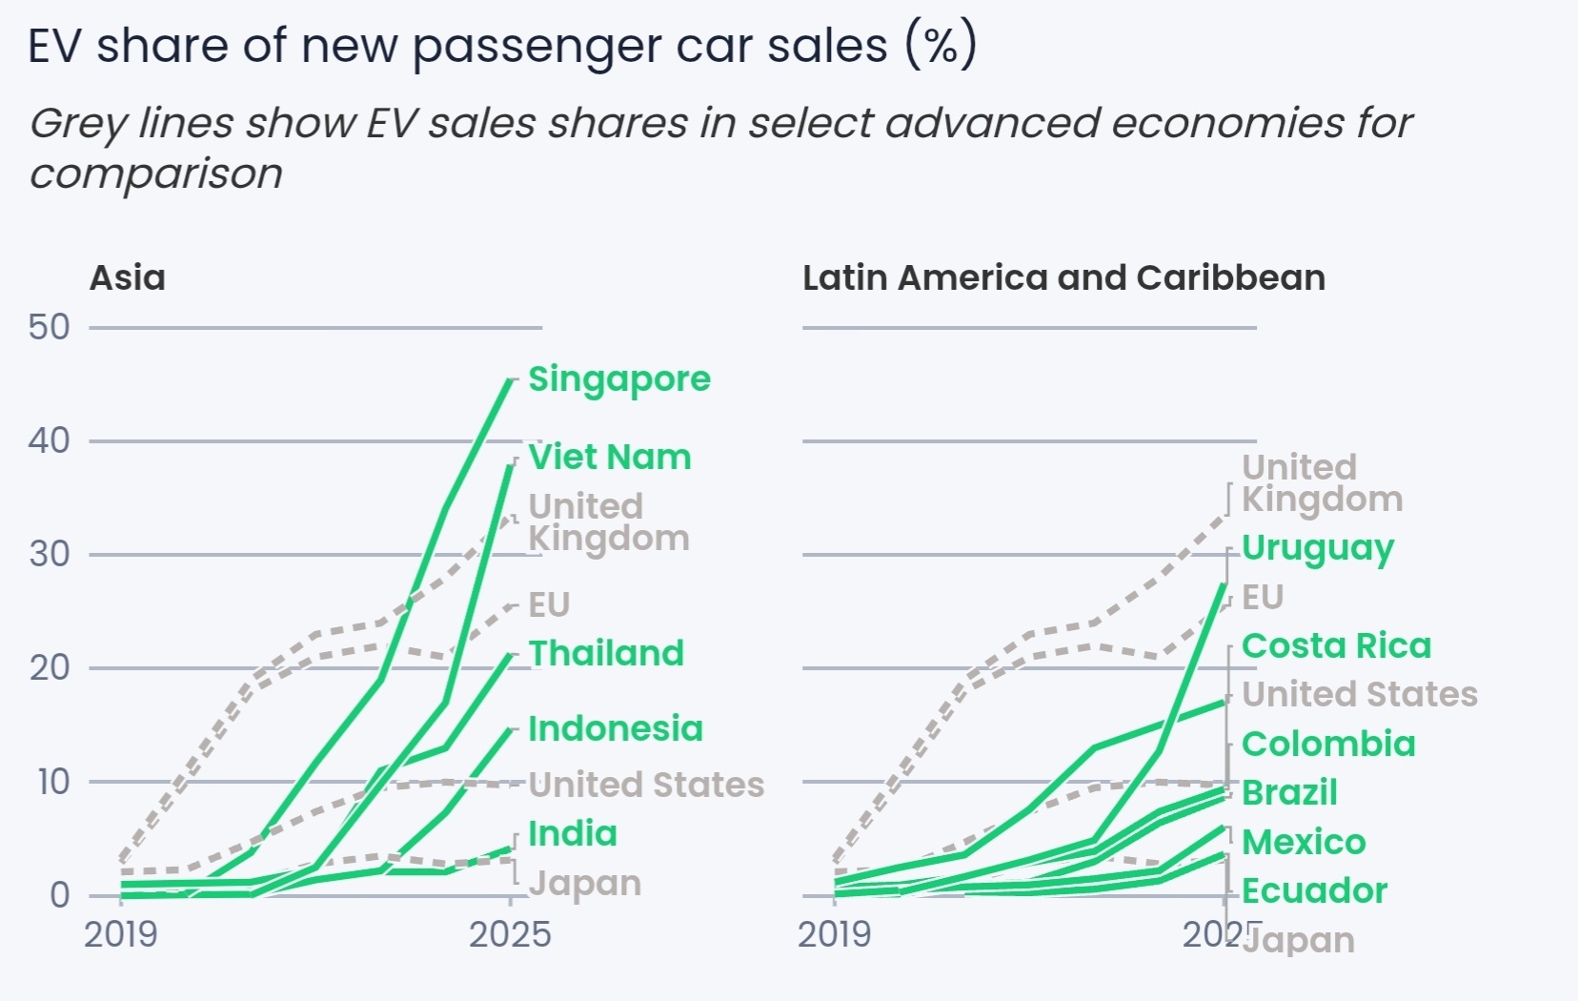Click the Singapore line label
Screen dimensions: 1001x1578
pos(619,379)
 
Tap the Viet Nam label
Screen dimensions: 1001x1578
pos(610,458)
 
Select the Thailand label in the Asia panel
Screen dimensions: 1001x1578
pos(607,654)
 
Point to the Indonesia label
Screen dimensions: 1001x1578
pos(616,729)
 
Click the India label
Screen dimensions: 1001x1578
pos(573,834)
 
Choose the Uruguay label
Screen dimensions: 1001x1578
pos(1318,549)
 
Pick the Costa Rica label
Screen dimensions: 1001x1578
pos(1336,646)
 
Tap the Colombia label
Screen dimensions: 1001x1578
pos(1328,745)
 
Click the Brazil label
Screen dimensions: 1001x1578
pos(1289,793)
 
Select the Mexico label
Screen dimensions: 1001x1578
pos(1304,843)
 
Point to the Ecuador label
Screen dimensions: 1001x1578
pos(1314,891)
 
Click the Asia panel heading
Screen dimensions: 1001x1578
pos(128,278)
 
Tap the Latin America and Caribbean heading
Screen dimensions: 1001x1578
pos(1063,278)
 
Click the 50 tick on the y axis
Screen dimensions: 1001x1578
pos(50,328)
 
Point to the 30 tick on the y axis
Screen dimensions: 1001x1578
pos(50,555)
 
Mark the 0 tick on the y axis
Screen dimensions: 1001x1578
pos(59,895)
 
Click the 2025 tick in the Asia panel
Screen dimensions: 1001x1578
pos(510,934)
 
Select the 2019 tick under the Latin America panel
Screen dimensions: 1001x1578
pos(835,935)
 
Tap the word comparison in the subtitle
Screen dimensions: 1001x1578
pos(156,174)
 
